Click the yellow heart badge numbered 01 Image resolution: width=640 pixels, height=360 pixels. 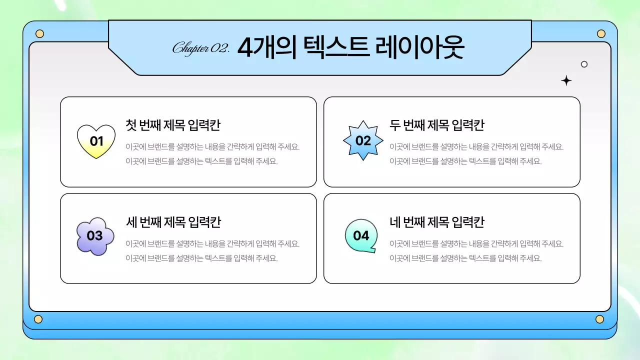click(x=96, y=141)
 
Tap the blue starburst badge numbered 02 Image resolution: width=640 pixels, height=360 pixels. click(x=363, y=140)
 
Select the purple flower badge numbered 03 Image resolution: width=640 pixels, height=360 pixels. click(x=95, y=236)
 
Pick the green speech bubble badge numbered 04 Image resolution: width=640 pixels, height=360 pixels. click(x=361, y=235)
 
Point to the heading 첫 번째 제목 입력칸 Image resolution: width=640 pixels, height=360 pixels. click(x=173, y=125)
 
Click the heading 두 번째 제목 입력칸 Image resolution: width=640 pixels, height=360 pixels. click(x=436, y=125)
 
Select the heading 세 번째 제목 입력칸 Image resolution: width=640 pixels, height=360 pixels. click(x=173, y=222)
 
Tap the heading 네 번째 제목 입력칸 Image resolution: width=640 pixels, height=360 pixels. click(x=436, y=222)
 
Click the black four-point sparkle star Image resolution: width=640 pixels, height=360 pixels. click(x=566, y=80)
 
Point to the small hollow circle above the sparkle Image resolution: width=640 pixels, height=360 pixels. click(x=584, y=64)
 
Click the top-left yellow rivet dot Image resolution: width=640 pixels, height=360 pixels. click(x=40, y=34)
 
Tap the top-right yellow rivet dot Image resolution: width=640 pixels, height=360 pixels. click(x=601, y=34)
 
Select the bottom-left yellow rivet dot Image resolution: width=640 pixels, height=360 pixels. click(x=38, y=319)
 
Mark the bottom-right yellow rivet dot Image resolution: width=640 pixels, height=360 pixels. click(x=599, y=319)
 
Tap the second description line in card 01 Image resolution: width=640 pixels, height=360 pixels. click(x=201, y=161)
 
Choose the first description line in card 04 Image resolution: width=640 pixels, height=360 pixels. click(x=476, y=244)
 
